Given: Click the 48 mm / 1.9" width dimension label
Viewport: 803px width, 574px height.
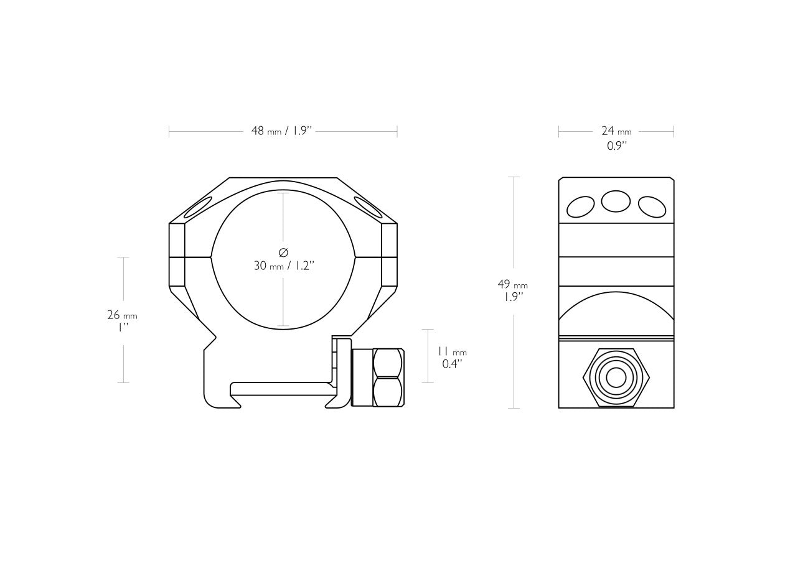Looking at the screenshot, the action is [x=282, y=131].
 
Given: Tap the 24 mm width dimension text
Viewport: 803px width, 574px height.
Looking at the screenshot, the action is [x=616, y=131].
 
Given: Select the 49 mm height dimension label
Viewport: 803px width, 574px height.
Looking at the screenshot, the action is [x=513, y=284].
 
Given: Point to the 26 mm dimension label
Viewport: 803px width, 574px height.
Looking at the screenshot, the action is [x=122, y=315].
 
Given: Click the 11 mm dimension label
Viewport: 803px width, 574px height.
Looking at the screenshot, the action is [x=451, y=351].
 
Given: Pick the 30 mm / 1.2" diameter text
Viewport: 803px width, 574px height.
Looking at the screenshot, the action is [x=284, y=266].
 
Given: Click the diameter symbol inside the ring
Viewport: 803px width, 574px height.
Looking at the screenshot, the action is [x=283, y=252].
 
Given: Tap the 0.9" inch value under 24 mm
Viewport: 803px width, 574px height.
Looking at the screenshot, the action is [x=617, y=146].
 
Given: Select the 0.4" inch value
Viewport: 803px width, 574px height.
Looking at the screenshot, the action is [x=452, y=364].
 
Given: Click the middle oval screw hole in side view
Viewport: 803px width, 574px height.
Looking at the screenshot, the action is [x=616, y=201].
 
